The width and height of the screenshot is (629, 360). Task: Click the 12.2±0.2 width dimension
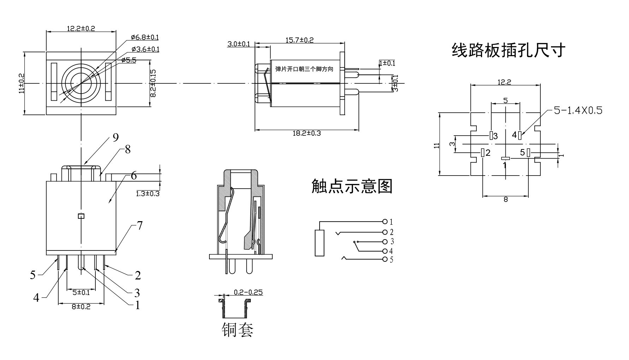(81, 28)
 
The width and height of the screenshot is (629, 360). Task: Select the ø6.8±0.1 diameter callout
(144, 37)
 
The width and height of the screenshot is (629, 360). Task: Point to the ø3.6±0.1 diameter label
(145, 49)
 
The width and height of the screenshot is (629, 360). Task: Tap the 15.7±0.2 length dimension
(299, 40)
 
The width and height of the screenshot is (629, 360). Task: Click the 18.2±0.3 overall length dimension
(307, 133)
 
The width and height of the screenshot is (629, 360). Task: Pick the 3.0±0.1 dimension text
(238, 44)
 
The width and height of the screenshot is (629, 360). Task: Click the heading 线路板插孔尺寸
(509, 50)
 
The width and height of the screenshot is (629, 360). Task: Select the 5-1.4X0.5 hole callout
(578, 110)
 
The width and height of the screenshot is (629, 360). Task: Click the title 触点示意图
(352, 186)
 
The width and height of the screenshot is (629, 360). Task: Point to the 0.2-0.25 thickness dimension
(248, 293)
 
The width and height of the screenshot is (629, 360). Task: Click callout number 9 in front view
(115, 137)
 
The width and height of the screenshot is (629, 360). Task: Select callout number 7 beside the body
(140, 225)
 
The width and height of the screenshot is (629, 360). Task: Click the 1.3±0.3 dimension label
(148, 194)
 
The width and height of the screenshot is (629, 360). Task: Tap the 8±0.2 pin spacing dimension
(81, 307)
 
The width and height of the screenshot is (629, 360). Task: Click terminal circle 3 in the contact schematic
(385, 242)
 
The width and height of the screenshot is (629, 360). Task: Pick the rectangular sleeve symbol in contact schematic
(319, 243)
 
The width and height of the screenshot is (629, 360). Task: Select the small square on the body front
(81, 216)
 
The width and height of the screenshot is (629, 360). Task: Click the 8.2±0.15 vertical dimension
(153, 83)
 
